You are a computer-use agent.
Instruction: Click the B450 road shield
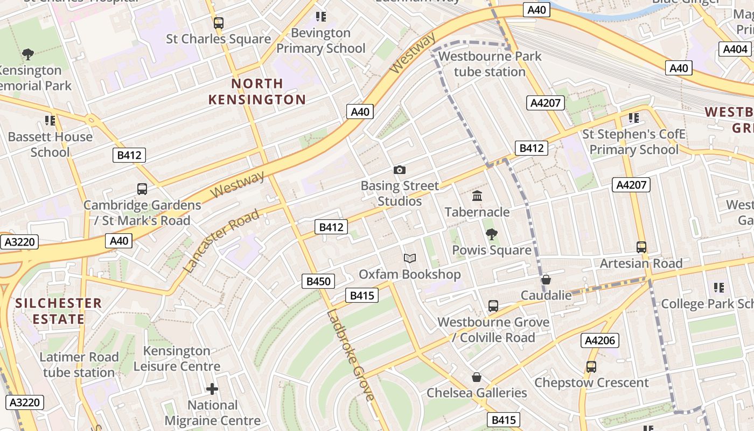318,281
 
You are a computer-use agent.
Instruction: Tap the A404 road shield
735,49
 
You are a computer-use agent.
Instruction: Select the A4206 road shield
600,340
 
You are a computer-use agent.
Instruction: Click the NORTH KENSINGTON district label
257,92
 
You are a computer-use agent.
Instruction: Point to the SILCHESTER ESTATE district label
58,311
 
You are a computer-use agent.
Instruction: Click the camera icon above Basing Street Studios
399,170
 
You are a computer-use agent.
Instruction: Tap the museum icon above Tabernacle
477,196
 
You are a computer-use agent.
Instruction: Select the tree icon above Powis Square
491,234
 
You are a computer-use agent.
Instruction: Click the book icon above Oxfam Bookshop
410,258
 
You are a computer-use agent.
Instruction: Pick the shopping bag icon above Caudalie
546,279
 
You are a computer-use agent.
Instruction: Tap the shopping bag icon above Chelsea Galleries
477,377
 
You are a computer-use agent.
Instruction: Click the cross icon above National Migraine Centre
212,388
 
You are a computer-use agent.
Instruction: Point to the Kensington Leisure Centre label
177,358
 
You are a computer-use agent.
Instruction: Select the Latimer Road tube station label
79,365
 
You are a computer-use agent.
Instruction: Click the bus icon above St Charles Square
218,23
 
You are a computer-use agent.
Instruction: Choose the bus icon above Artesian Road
641,247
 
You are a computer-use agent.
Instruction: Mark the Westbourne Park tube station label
490,64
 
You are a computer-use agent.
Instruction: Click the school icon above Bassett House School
50,120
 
